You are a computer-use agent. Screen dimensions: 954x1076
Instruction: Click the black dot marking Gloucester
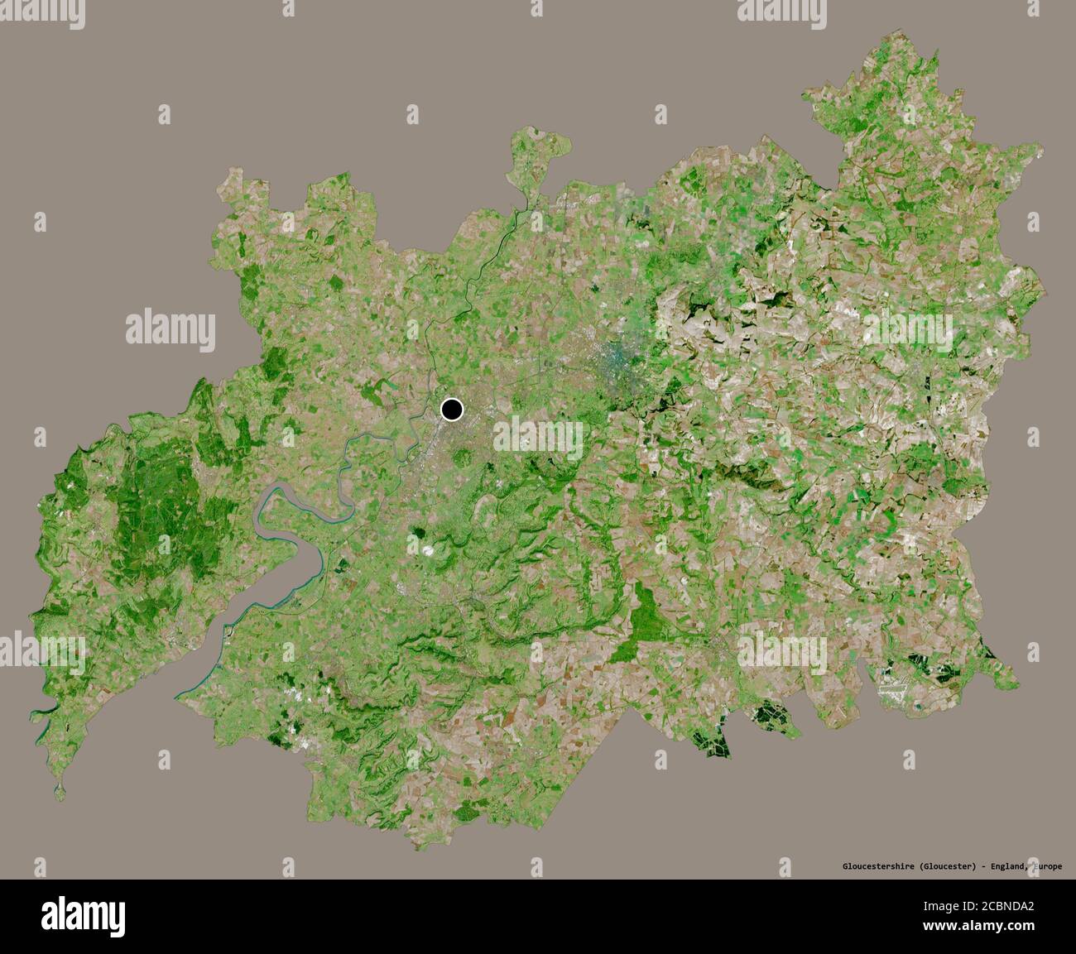click(x=452, y=409)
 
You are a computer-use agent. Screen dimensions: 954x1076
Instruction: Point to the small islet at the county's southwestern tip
click(x=60, y=792)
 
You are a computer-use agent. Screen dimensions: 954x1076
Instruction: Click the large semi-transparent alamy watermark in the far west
click(x=171, y=328)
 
